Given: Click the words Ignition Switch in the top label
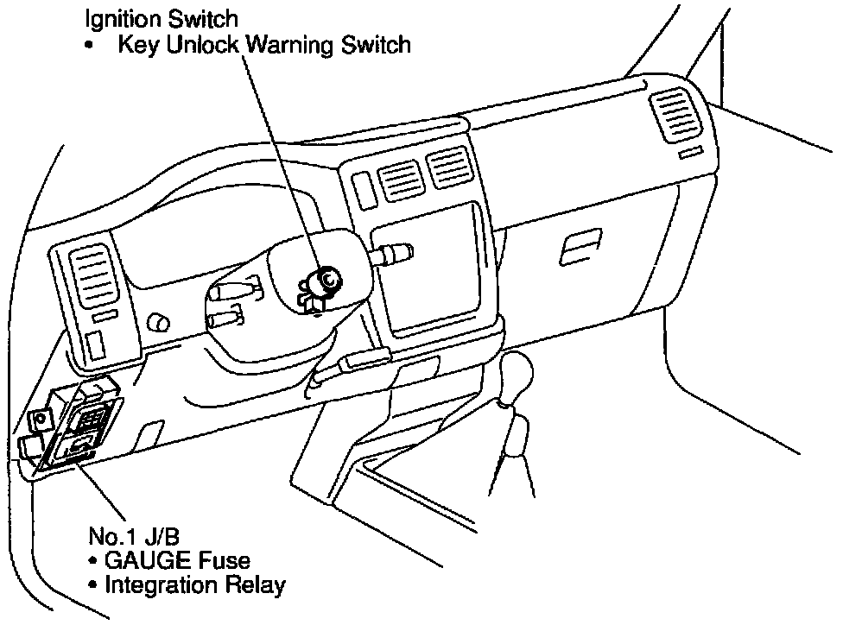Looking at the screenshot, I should (x=162, y=17).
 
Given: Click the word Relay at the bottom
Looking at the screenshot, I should (x=257, y=585).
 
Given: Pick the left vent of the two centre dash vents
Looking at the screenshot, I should (x=397, y=179).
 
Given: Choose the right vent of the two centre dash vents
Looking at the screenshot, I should (x=450, y=168).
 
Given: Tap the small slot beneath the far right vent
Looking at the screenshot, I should (x=690, y=155).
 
